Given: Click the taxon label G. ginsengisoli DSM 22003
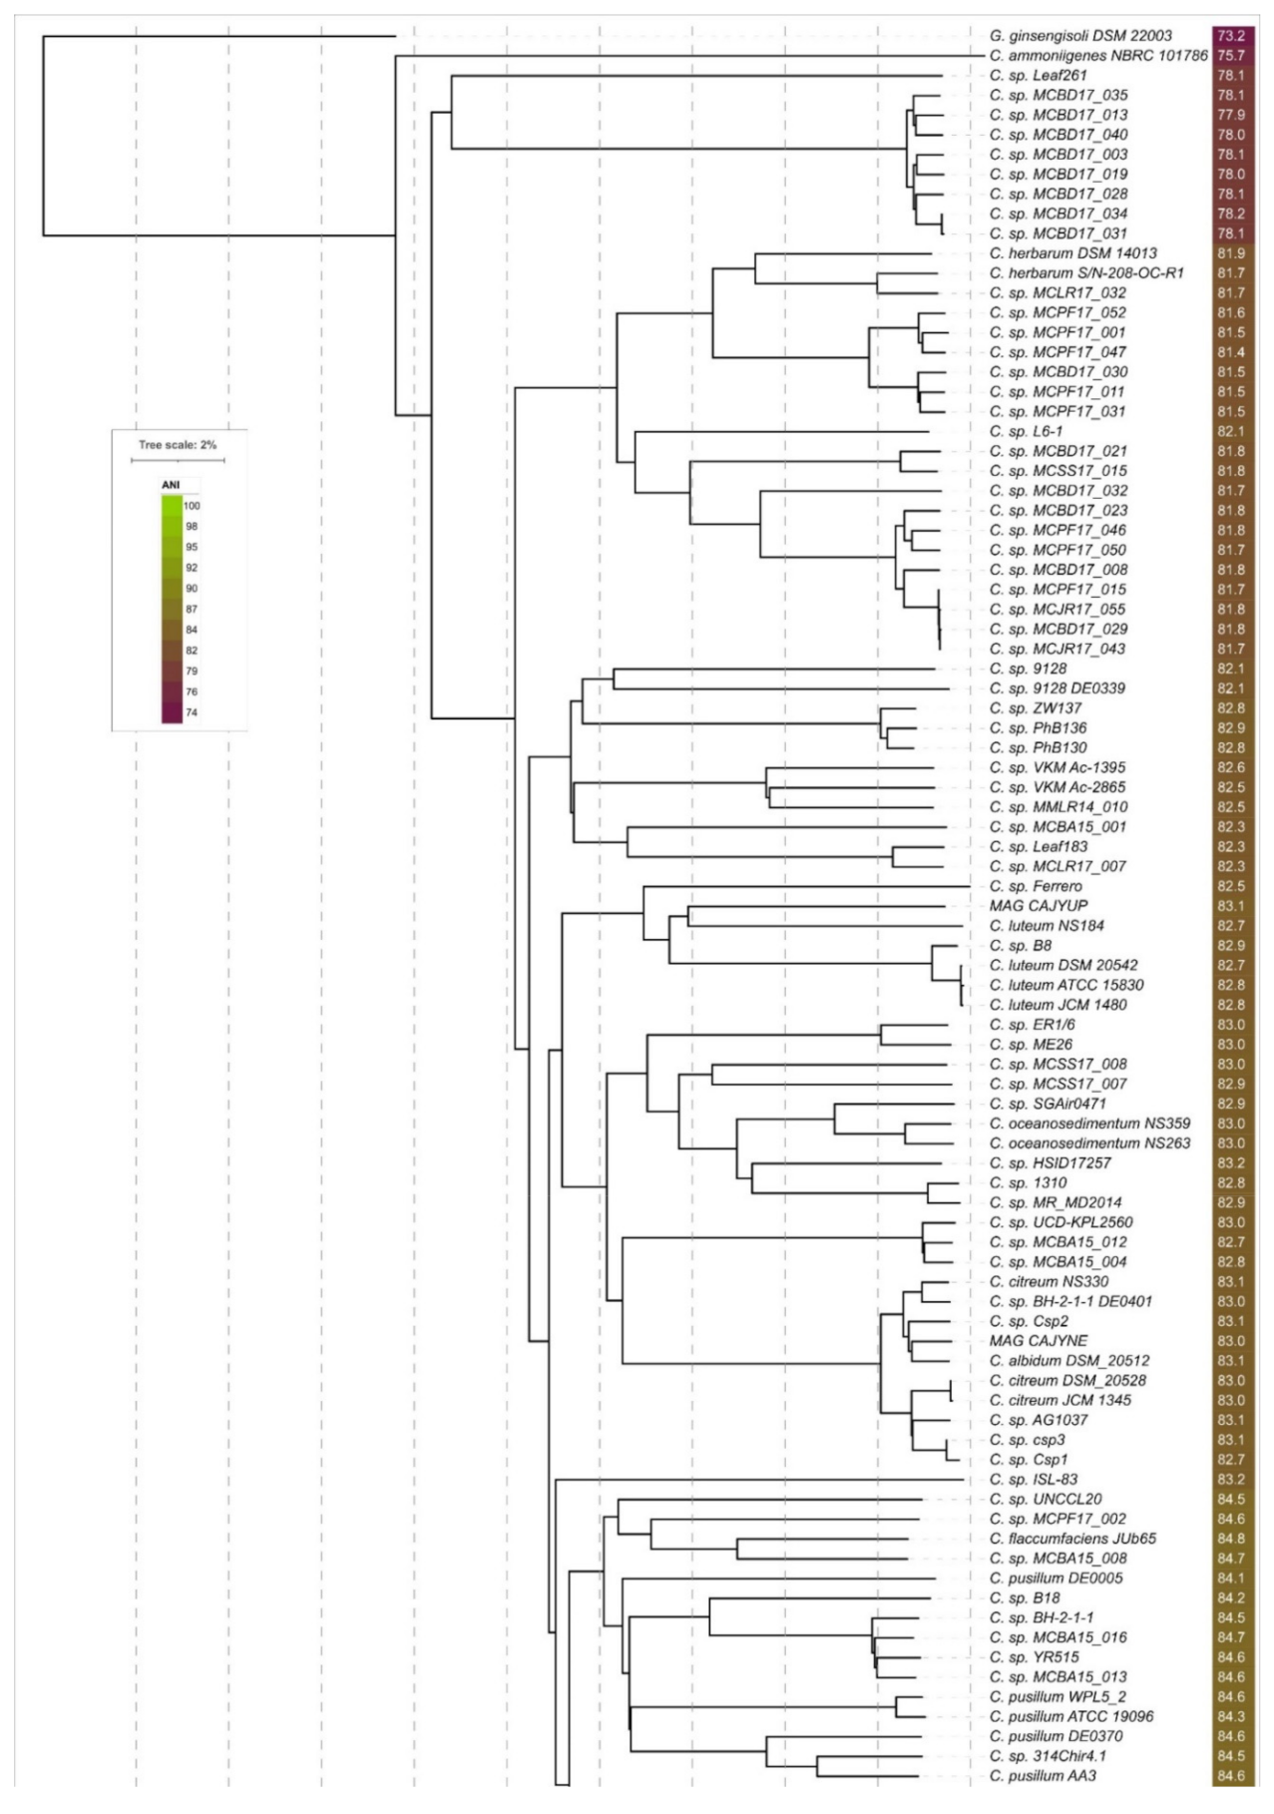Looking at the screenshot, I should pyautogui.click(x=1080, y=36).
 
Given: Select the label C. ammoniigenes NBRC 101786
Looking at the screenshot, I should pyautogui.click(x=1098, y=56).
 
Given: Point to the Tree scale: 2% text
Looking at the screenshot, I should pyautogui.click(x=178, y=445).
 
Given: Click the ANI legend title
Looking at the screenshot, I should pyautogui.click(x=171, y=485).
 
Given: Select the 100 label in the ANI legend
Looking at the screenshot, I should pyautogui.click(x=192, y=506).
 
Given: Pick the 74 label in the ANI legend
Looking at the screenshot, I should pyautogui.click(x=192, y=713).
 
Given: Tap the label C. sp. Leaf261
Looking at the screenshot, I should pyautogui.click(x=1038, y=75).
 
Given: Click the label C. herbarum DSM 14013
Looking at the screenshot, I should pyautogui.click(x=1073, y=253).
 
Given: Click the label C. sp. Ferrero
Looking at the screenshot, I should pyautogui.click(x=1036, y=886).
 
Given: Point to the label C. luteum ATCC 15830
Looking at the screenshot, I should pyautogui.click(x=1066, y=985).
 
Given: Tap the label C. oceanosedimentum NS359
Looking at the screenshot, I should pyautogui.click(x=1089, y=1124).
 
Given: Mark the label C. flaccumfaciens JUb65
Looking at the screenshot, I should pyautogui.click(x=1072, y=1539).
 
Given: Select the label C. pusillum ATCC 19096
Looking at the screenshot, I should pyautogui.click(x=1071, y=1716).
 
